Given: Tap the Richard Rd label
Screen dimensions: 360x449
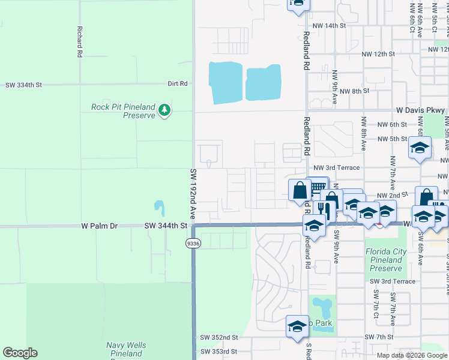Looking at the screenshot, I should pyautogui.click(x=79, y=41).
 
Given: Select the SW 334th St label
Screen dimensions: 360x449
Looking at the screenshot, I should pyautogui.click(x=24, y=85).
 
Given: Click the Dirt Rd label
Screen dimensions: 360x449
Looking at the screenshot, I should pyautogui.click(x=178, y=83).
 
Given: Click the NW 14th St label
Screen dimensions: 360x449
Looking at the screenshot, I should pyautogui.click(x=330, y=26).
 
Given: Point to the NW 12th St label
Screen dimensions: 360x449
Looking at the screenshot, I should pyautogui.click(x=378, y=53).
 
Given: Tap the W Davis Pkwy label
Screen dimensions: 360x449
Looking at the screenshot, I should pyautogui.click(x=420, y=110).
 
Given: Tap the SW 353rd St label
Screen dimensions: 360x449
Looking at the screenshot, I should pyautogui.click(x=219, y=351).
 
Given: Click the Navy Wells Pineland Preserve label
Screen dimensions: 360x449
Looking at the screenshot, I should pyautogui.click(x=125, y=349).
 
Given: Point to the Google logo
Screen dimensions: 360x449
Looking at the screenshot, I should pyautogui.click(x=20, y=353).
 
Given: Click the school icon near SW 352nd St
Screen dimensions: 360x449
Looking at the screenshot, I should pyautogui.click(x=297, y=326).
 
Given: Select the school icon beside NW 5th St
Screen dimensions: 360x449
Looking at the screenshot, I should pyautogui.click(x=420, y=148).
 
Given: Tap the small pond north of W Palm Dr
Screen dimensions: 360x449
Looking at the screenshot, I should pyautogui.click(x=159, y=208).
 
